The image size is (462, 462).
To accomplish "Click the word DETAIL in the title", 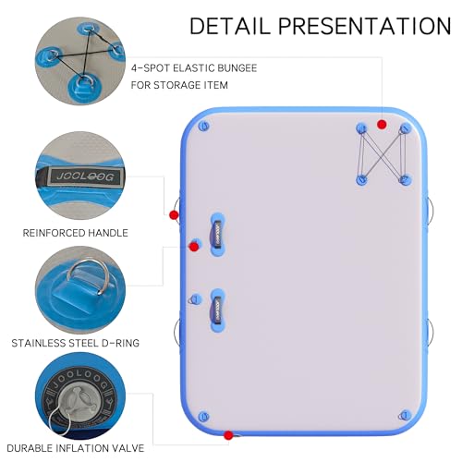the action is click(x=230, y=26).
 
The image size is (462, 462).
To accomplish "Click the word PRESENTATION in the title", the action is click(x=365, y=26).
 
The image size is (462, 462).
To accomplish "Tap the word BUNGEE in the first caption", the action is click(x=237, y=68).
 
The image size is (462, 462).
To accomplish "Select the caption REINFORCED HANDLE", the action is click(x=76, y=233).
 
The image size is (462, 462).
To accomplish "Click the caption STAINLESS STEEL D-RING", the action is click(x=76, y=343).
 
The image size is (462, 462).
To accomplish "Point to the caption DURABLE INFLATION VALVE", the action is click(x=76, y=448).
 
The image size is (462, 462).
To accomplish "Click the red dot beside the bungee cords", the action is click(x=382, y=125).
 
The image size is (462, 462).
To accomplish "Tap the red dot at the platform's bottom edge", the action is click(x=228, y=435).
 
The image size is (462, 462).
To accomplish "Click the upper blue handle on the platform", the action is click(x=217, y=234).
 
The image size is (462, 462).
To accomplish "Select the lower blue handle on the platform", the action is click(x=217, y=310).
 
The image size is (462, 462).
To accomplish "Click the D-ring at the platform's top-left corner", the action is click(x=204, y=126).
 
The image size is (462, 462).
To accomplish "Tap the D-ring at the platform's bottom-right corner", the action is click(x=405, y=415).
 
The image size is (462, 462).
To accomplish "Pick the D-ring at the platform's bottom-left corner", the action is click(x=203, y=417).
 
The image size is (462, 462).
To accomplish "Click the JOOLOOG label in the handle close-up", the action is click(x=85, y=176).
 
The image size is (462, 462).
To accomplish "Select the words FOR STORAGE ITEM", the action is click(x=179, y=85).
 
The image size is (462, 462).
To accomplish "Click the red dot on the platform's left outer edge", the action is click(x=174, y=214).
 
